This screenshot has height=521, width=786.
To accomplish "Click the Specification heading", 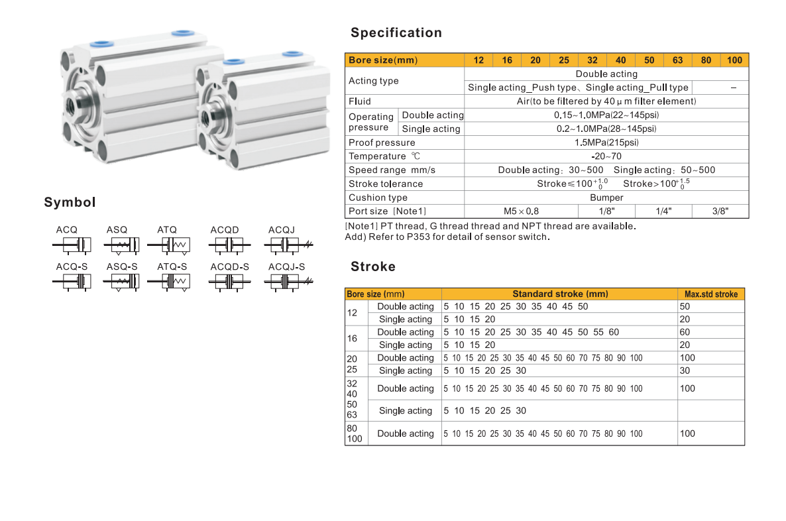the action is [x=396, y=32].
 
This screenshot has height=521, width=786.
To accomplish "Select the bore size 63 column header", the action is [x=677, y=60].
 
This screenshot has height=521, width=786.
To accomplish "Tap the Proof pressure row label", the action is [x=382, y=143].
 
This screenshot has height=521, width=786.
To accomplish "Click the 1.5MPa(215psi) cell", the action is [x=606, y=143].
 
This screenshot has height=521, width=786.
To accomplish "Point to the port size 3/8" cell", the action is [x=720, y=211].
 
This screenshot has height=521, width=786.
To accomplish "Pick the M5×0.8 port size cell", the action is [x=521, y=211].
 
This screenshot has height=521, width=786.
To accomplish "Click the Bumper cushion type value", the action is [x=606, y=198].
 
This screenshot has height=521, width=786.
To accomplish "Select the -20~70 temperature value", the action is [x=606, y=156].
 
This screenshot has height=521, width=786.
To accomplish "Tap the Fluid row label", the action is [x=359, y=101].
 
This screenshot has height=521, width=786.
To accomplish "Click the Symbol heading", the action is [x=70, y=202].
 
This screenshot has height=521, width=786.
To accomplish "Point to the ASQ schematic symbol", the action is [x=121, y=245].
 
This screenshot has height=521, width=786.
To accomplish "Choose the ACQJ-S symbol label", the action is [x=286, y=266].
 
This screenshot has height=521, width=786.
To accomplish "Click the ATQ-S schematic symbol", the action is [x=168, y=282].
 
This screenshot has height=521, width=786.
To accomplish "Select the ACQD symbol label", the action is [x=225, y=229].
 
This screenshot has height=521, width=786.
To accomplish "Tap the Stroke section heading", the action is [x=373, y=266].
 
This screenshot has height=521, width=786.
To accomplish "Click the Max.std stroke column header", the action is [x=711, y=294].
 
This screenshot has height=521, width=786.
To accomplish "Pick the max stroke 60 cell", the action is [x=684, y=332].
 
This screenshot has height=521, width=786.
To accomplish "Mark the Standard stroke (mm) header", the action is [x=560, y=294].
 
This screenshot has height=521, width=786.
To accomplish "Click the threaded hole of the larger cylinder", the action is [x=71, y=106].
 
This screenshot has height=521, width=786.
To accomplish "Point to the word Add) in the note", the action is [x=355, y=237].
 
